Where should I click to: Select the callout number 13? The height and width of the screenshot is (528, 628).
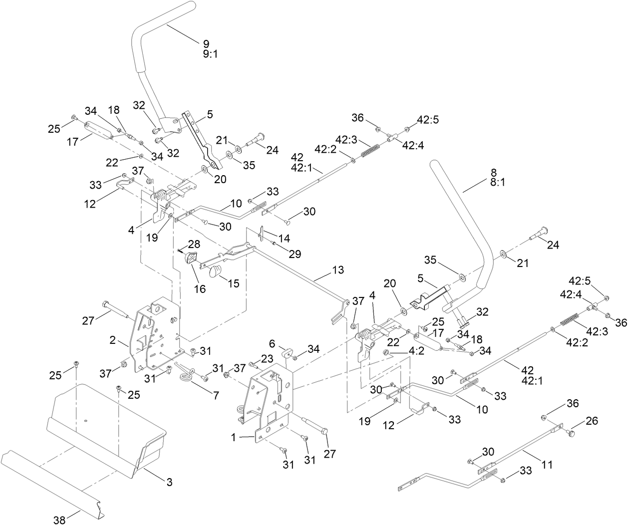click(337, 270)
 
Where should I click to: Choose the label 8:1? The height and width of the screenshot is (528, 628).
click(498, 183)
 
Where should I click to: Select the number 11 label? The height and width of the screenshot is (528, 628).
click(547, 464)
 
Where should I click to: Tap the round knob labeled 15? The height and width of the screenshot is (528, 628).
click(216, 271)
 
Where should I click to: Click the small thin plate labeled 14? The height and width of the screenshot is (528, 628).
click(262, 235)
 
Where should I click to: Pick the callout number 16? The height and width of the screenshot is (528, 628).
click(200, 289)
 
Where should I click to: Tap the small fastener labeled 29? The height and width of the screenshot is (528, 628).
click(274, 243)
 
